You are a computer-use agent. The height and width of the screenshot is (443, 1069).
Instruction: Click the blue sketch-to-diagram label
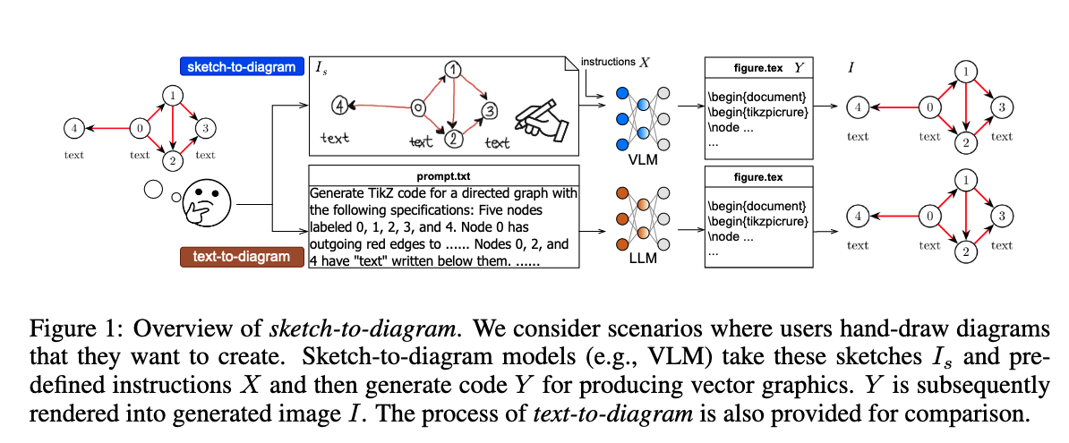pos(240,67)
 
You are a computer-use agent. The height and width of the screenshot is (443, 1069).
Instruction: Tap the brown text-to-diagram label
pos(241,257)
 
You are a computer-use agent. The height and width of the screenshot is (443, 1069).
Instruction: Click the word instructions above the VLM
pos(608,62)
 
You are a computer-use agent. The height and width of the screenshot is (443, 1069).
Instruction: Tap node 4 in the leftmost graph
pos(74,128)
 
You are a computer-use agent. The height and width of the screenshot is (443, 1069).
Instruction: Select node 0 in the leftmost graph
pos(140,128)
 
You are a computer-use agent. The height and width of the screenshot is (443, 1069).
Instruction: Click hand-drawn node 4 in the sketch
pos(338,106)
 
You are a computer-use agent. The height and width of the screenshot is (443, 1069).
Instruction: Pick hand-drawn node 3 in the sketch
pos(489,111)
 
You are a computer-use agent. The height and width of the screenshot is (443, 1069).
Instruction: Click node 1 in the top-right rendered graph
pos(963,71)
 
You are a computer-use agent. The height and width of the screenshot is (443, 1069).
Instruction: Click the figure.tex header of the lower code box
pos(757,176)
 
